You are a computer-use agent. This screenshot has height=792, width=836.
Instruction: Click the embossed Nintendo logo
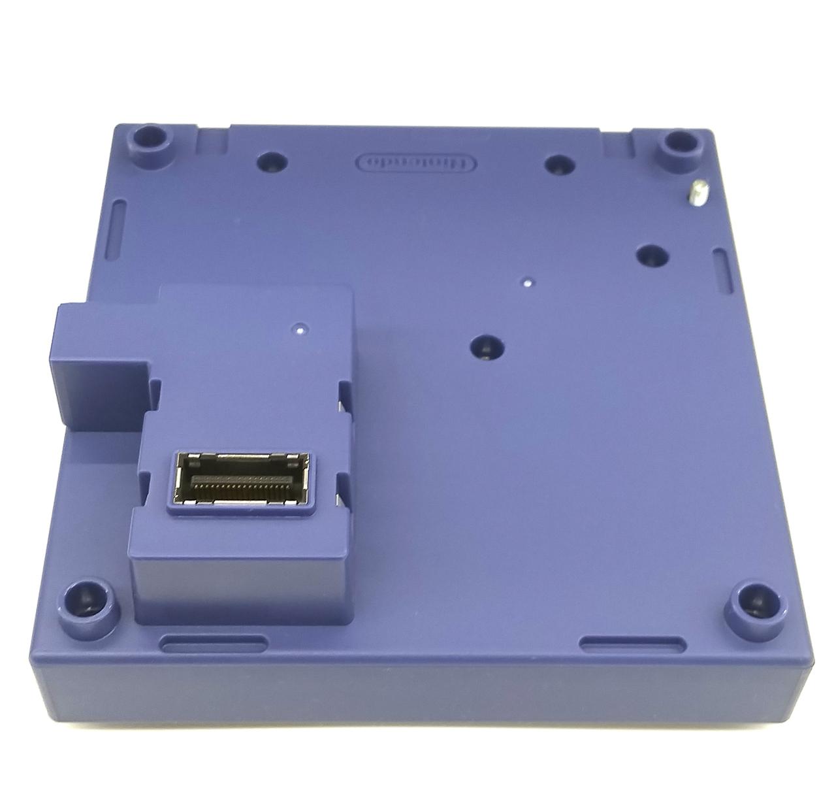[x=416, y=163]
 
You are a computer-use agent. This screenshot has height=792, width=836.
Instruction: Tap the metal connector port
[x=241, y=478]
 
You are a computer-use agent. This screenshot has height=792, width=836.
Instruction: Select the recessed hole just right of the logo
[x=560, y=165]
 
